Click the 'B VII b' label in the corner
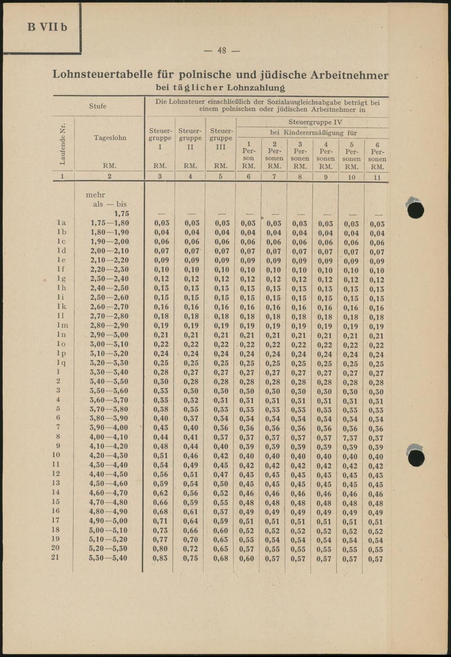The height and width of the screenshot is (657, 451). click(47, 27)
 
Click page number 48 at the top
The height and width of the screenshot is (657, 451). click(221, 51)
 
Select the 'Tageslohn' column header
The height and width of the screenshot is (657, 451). click(110, 138)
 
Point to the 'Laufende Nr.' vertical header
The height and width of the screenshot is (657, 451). click(63, 143)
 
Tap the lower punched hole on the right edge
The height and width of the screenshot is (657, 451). click(415, 457)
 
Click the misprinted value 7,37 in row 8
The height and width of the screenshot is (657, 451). click(351, 438)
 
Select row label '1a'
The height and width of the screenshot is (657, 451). click(61, 223)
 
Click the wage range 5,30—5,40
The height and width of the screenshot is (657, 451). click(109, 558)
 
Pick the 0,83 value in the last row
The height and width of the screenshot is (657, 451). click(161, 558)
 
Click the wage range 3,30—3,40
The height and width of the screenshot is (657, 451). click(109, 372)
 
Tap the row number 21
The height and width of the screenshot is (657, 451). click(55, 557)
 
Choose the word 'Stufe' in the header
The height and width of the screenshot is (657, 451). click(98, 106)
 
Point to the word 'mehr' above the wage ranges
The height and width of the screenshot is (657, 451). click(95, 195)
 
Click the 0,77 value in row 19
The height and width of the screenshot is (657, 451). click(161, 540)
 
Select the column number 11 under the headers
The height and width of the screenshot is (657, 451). click(377, 177)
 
